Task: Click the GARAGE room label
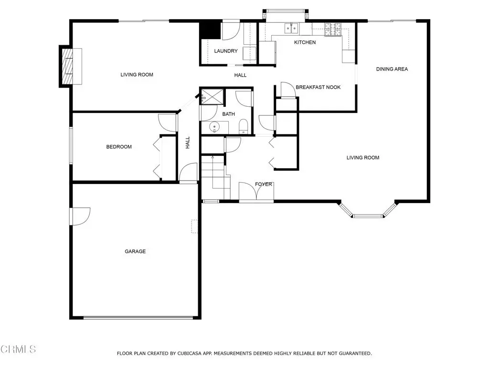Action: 135,251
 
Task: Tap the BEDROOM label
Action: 119,147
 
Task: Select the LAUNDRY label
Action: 226,51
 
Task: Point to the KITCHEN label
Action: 305,42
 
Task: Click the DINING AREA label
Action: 392,69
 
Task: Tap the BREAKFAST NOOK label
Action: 318,87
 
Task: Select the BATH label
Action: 229,114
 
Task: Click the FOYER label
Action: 264,184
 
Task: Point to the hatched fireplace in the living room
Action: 67,66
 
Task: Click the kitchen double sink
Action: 291,28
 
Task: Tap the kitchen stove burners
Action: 333,30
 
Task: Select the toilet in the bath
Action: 243,127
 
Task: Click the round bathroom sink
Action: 214,127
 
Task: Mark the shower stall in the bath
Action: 213,96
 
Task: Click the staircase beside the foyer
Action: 215,177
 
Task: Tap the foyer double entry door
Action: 256,192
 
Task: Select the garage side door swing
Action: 81,216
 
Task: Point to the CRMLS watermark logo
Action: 18,349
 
